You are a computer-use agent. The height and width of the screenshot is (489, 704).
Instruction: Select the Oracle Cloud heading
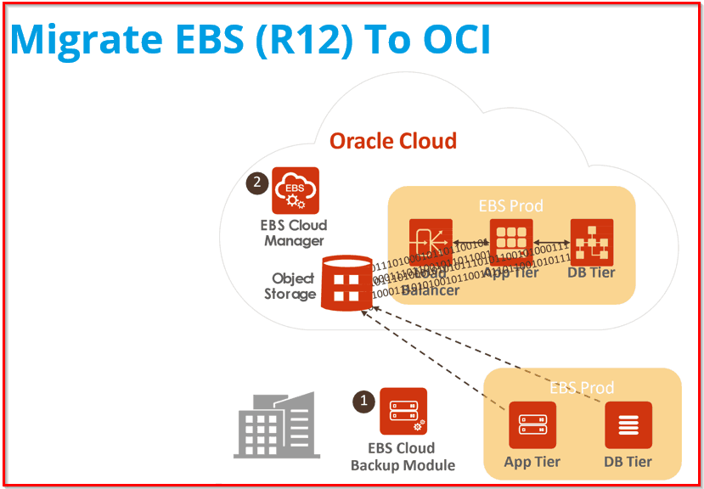pyautogui.click(x=392, y=140)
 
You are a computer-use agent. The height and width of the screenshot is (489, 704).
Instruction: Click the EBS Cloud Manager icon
pyautogui.click(x=295, y=191)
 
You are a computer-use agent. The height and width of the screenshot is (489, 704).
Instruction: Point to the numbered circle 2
pyautogui.click(x=256, y=183)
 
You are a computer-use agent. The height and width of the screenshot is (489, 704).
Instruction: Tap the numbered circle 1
pyautogui.click(x=363, y=401)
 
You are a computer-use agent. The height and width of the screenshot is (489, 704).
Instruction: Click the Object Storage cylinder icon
pyautogui.click(x=346, y=284)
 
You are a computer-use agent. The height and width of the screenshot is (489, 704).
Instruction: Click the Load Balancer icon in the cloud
pyautogui.click(x=431, y=243)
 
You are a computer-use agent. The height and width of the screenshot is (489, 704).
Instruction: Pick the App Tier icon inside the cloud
pyautogui.click(x=511, y=243)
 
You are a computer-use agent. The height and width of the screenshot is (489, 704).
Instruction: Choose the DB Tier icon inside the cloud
pyautogui.click(x=592, y=243)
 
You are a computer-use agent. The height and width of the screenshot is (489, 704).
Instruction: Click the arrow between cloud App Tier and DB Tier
pyautogui.click(x=551, y=243)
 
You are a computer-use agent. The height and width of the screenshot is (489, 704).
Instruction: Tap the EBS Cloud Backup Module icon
pyautogui.click(x=403, y=412)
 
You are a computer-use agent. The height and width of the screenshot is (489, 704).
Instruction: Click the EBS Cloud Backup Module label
pyautogui.click(x=403, y=457)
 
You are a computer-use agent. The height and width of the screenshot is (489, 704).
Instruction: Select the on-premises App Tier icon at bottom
pyautogui.click(x=532, y=425)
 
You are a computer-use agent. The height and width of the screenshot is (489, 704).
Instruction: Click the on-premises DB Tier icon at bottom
pyautogui.click(x=628, y=425)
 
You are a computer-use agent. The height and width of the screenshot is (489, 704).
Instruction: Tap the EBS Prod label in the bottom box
pyautogui.click(x=582, y=388)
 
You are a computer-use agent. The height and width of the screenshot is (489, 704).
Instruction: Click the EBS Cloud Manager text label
pyautogui.click(x=294, y=233)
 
